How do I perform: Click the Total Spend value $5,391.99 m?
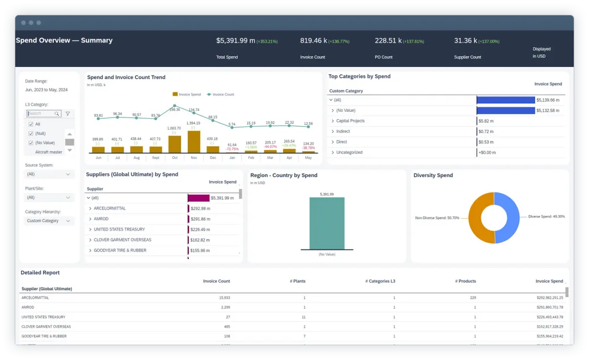(235, 41)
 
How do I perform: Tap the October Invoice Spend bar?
(174, 144)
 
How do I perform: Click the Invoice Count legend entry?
(221, 94)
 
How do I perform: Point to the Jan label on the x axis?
(232, 157)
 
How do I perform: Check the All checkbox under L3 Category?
(31, 124)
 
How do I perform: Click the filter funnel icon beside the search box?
(68, 114)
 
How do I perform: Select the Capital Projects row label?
(350, 121)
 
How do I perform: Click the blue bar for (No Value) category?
(505, 111)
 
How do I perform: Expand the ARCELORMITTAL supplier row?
(90, 208)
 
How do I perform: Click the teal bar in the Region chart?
(326, 223)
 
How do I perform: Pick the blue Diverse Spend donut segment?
(508, 217)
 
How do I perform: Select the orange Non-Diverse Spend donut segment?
(478, 217)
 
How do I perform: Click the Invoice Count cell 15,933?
(224, 298)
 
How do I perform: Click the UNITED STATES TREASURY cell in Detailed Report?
(43, 317)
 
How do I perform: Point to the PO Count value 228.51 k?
(388, 41)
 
